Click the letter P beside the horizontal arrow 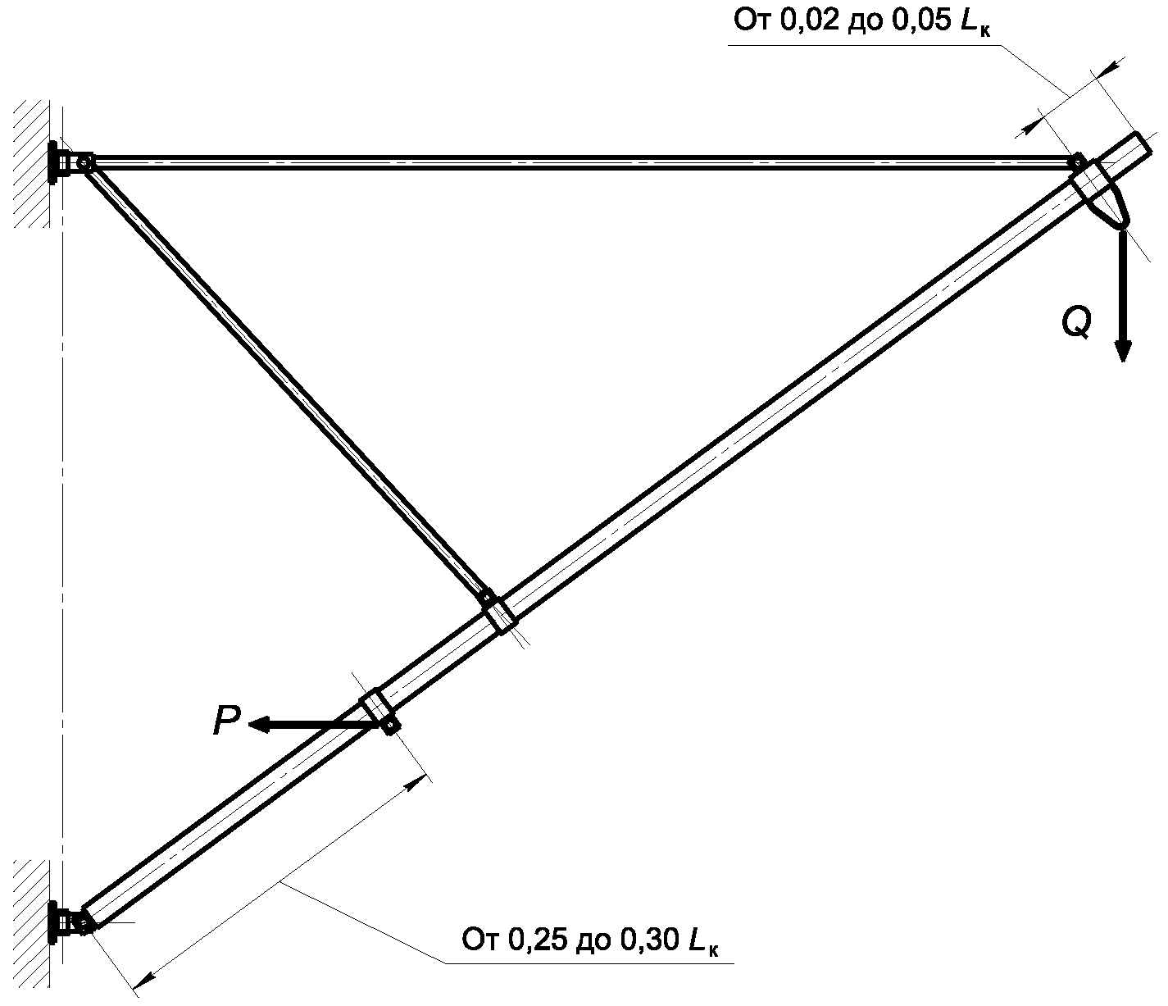coord(226,721)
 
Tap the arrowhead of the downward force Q coord(1122,351)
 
